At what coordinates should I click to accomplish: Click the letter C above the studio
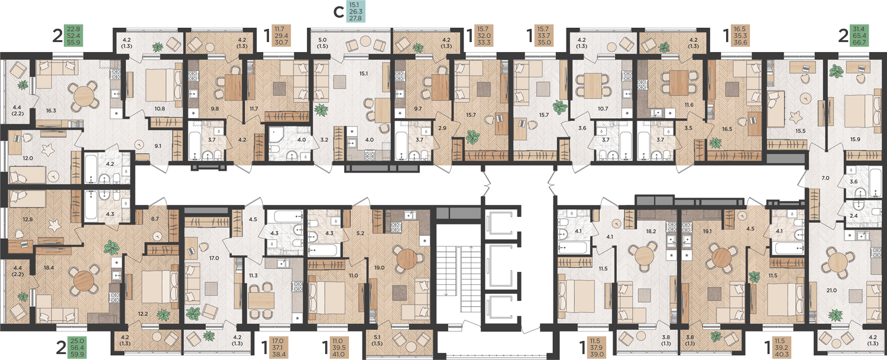click(339, 12)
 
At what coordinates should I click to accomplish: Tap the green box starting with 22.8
click(73, 35)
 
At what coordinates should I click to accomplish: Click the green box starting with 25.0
click(77, 348)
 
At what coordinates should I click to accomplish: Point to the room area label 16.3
click(51, 111)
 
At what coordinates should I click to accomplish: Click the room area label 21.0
click(831, 290)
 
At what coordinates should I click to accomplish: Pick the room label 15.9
click(855, 140)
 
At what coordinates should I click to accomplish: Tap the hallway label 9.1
click(158, 146)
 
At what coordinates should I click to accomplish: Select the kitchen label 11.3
click(254, 275)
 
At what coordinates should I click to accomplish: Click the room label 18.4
click(49, 268)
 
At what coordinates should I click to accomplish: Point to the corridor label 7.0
click(826, 178)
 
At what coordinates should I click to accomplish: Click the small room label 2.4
click(854, 216)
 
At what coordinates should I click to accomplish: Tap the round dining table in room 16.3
click(83, 95)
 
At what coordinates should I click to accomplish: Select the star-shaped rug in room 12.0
click(48, 150)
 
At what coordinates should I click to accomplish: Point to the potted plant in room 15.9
click(837, 72)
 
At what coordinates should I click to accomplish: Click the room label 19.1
click(707, 231)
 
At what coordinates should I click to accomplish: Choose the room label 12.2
click(143, 314)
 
